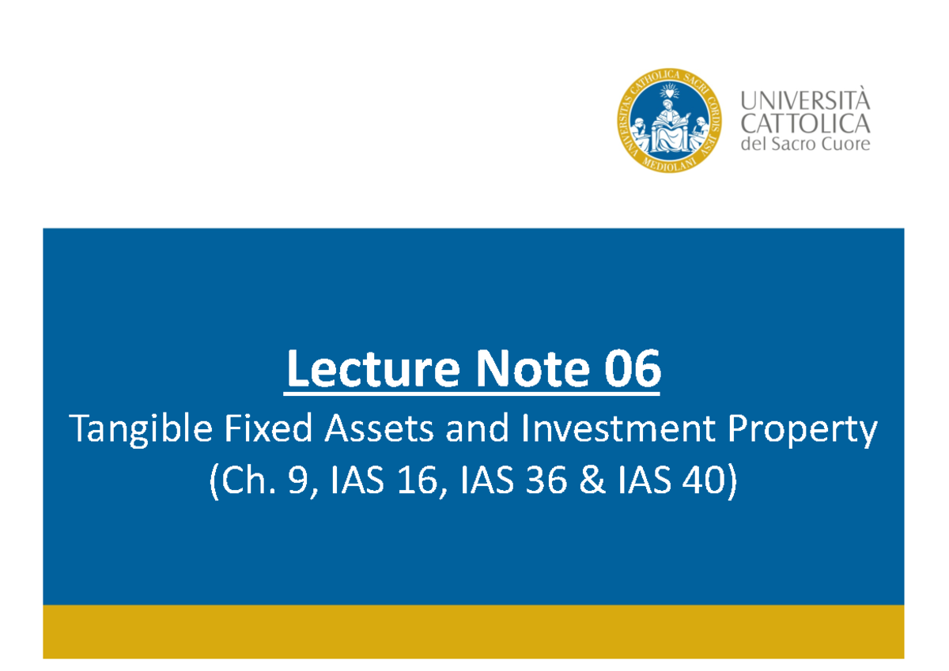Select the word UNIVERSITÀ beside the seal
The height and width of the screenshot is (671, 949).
pos(804,101)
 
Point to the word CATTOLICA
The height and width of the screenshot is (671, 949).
pos(804,123)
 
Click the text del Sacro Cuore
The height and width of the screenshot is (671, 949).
pos(804,144)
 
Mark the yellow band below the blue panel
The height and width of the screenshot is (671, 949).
pos(473,631)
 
